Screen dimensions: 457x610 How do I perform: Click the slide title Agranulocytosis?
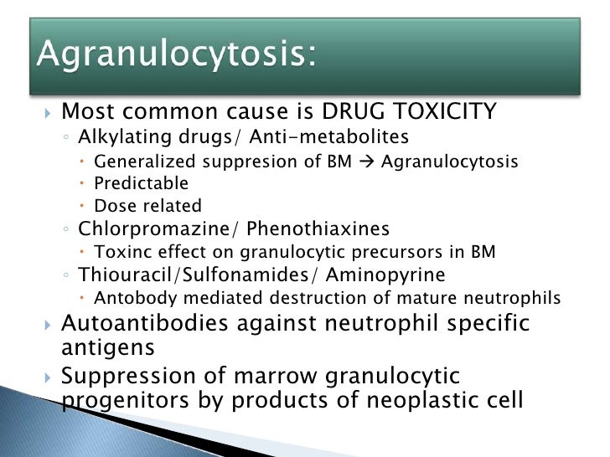click(176, 57)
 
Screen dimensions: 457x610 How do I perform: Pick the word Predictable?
click(141, 183)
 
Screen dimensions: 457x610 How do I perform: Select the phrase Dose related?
click(148, 205)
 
